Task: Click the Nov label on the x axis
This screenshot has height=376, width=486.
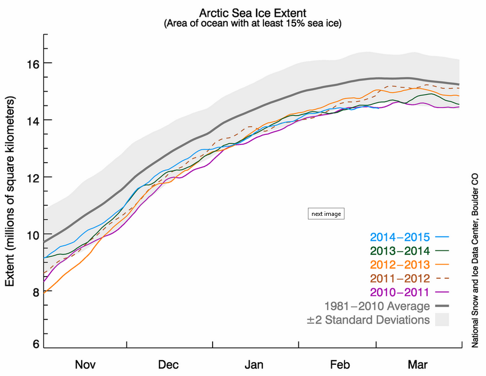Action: point(85,364)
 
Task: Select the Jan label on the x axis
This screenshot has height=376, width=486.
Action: point(254,364)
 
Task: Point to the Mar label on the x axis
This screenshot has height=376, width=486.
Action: point(418,364)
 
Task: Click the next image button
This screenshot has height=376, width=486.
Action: point(326,214)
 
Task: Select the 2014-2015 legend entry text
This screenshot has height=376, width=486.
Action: point(400,237)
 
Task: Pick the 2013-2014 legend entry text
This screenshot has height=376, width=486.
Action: point(400,251)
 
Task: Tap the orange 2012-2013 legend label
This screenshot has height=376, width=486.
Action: point(400,265)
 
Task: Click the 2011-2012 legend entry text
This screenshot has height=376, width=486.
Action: point(400,278)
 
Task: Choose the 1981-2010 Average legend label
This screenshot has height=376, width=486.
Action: point(377,306)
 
